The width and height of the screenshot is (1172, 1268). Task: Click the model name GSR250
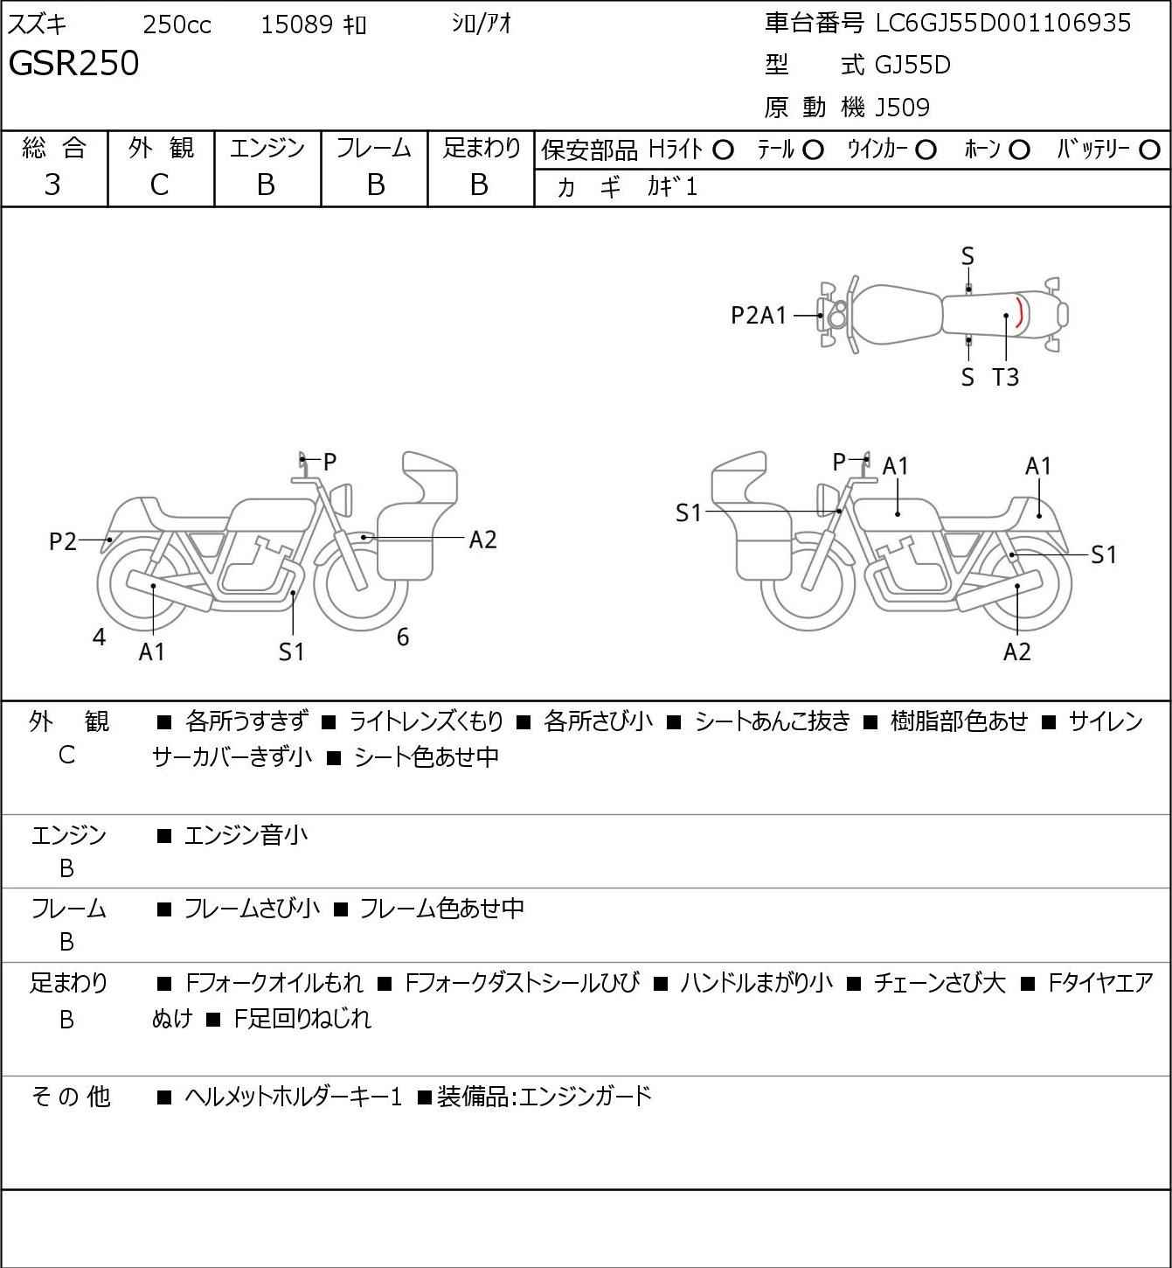pyautogui.click(x=73, y=65)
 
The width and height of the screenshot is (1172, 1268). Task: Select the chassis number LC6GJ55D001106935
pyautogui.click(x=1003, y=24)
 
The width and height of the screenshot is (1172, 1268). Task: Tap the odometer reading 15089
pyautogui.click(x=296, y=25)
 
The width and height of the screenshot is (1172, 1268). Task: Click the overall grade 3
pyautogui.click(x=52, y=185)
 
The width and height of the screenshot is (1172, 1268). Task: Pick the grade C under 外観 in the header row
pyautogui.click(x=159, y=185)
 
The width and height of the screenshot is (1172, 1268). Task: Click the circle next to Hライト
pyautogui.click(x=723, y=150)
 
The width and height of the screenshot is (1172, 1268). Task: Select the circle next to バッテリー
pyautogui.click(x=1150, y=150)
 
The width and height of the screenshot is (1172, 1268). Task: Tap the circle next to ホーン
pyautogui.click(x=1019, y=150)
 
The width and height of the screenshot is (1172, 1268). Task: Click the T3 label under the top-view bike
pyautogui.click(x=1006, y=378)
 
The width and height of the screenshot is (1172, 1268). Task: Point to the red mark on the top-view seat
pyautogui.click(x=1019, y=312)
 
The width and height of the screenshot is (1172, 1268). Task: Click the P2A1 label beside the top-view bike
pyautogui.click(x=759, y=316)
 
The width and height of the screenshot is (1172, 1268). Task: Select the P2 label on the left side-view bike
pyautogui.click(x=63, y=542)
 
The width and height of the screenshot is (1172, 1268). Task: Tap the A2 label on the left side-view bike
pyautogui.click(x=482, y=540)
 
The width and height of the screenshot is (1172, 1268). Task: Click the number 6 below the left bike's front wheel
pyautogui.click(x=403, y=637)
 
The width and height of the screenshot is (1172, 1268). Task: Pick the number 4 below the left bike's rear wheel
pyautogui.click(x=100, y=637)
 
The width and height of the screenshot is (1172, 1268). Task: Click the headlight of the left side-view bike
pyautogui.click(x=343, y=499)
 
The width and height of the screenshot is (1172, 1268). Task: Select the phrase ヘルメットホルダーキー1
pyautogui.click(x=293, y=1097)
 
